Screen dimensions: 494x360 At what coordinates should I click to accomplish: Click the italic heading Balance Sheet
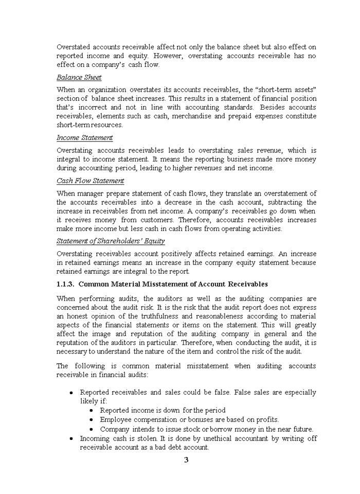pos(79,77)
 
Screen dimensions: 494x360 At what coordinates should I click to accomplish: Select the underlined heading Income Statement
pos(84,138)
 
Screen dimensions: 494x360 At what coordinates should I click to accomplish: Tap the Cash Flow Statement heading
pos(90,181)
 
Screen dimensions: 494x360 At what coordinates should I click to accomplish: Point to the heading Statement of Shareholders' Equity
pos(111,241)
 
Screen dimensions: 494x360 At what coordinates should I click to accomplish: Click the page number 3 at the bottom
pos(186,460)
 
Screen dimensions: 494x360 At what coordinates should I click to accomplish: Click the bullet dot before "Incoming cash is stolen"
pos(71,439)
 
